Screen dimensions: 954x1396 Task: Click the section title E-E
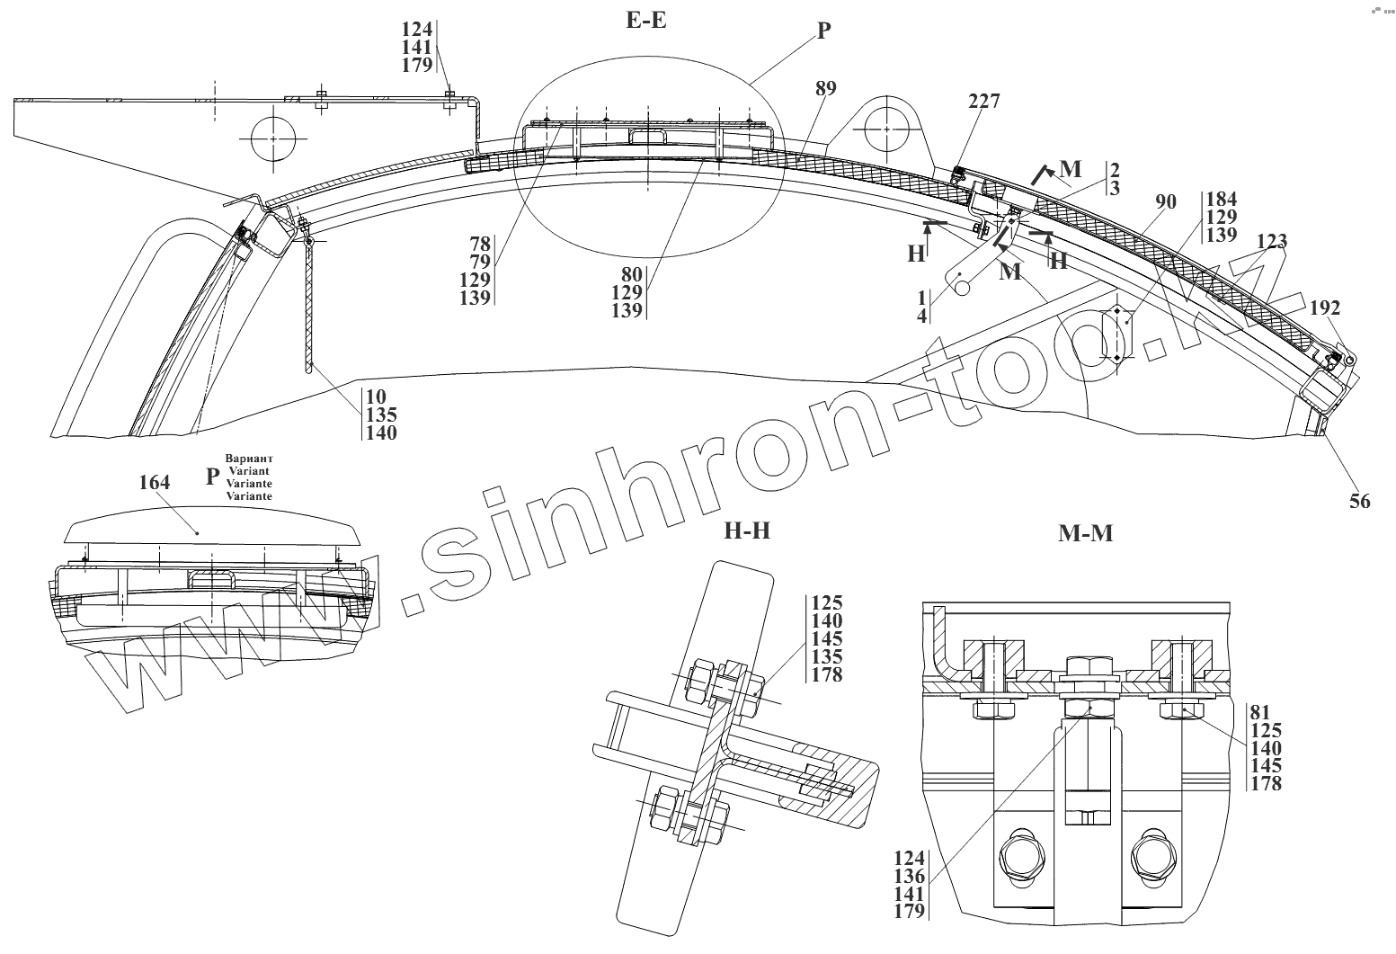tap(645, 20)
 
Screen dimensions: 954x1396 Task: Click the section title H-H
tap(747, 531)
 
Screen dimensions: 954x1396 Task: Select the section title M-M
tap(1085, 534)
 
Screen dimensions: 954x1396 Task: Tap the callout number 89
tap(825, 88)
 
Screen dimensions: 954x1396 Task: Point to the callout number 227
tap(983, 102)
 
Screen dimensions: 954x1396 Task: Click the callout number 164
tap(155, 483)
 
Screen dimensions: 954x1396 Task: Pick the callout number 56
tap(1360, 501)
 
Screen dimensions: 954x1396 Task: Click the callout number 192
tap(1325, 308)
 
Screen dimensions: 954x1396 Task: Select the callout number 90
tap(1165, 202)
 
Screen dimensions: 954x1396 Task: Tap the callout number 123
tap(1272, 241)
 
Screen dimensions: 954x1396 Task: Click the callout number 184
tap(1222, 200)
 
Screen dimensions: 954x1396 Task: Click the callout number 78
tap(479, 243)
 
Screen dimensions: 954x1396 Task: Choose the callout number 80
tap(627, 274)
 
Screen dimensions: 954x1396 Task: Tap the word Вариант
tap(249, 459)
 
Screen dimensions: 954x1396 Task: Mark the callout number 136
tap(910, 876)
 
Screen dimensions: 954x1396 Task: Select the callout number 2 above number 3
tap(1114, 170)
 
